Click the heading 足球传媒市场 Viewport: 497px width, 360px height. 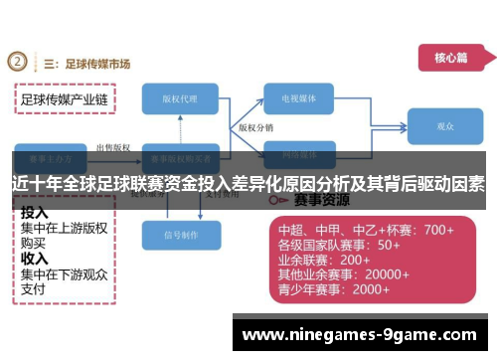96,64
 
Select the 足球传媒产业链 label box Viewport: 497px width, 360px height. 65,100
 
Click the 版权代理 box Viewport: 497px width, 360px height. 186,99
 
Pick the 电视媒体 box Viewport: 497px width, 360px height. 304,99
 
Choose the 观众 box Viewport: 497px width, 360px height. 445,127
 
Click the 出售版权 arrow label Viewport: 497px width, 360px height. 111,147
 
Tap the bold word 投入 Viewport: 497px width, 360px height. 35,213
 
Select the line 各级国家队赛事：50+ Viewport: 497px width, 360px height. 339,245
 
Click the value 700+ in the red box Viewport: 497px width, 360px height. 438,230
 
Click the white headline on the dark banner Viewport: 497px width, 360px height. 248,183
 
